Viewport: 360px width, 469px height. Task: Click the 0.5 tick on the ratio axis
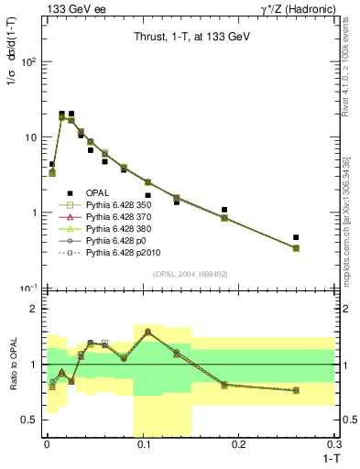[x=31, y=420]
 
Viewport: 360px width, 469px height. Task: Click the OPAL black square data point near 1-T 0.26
[x=296, y=237]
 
